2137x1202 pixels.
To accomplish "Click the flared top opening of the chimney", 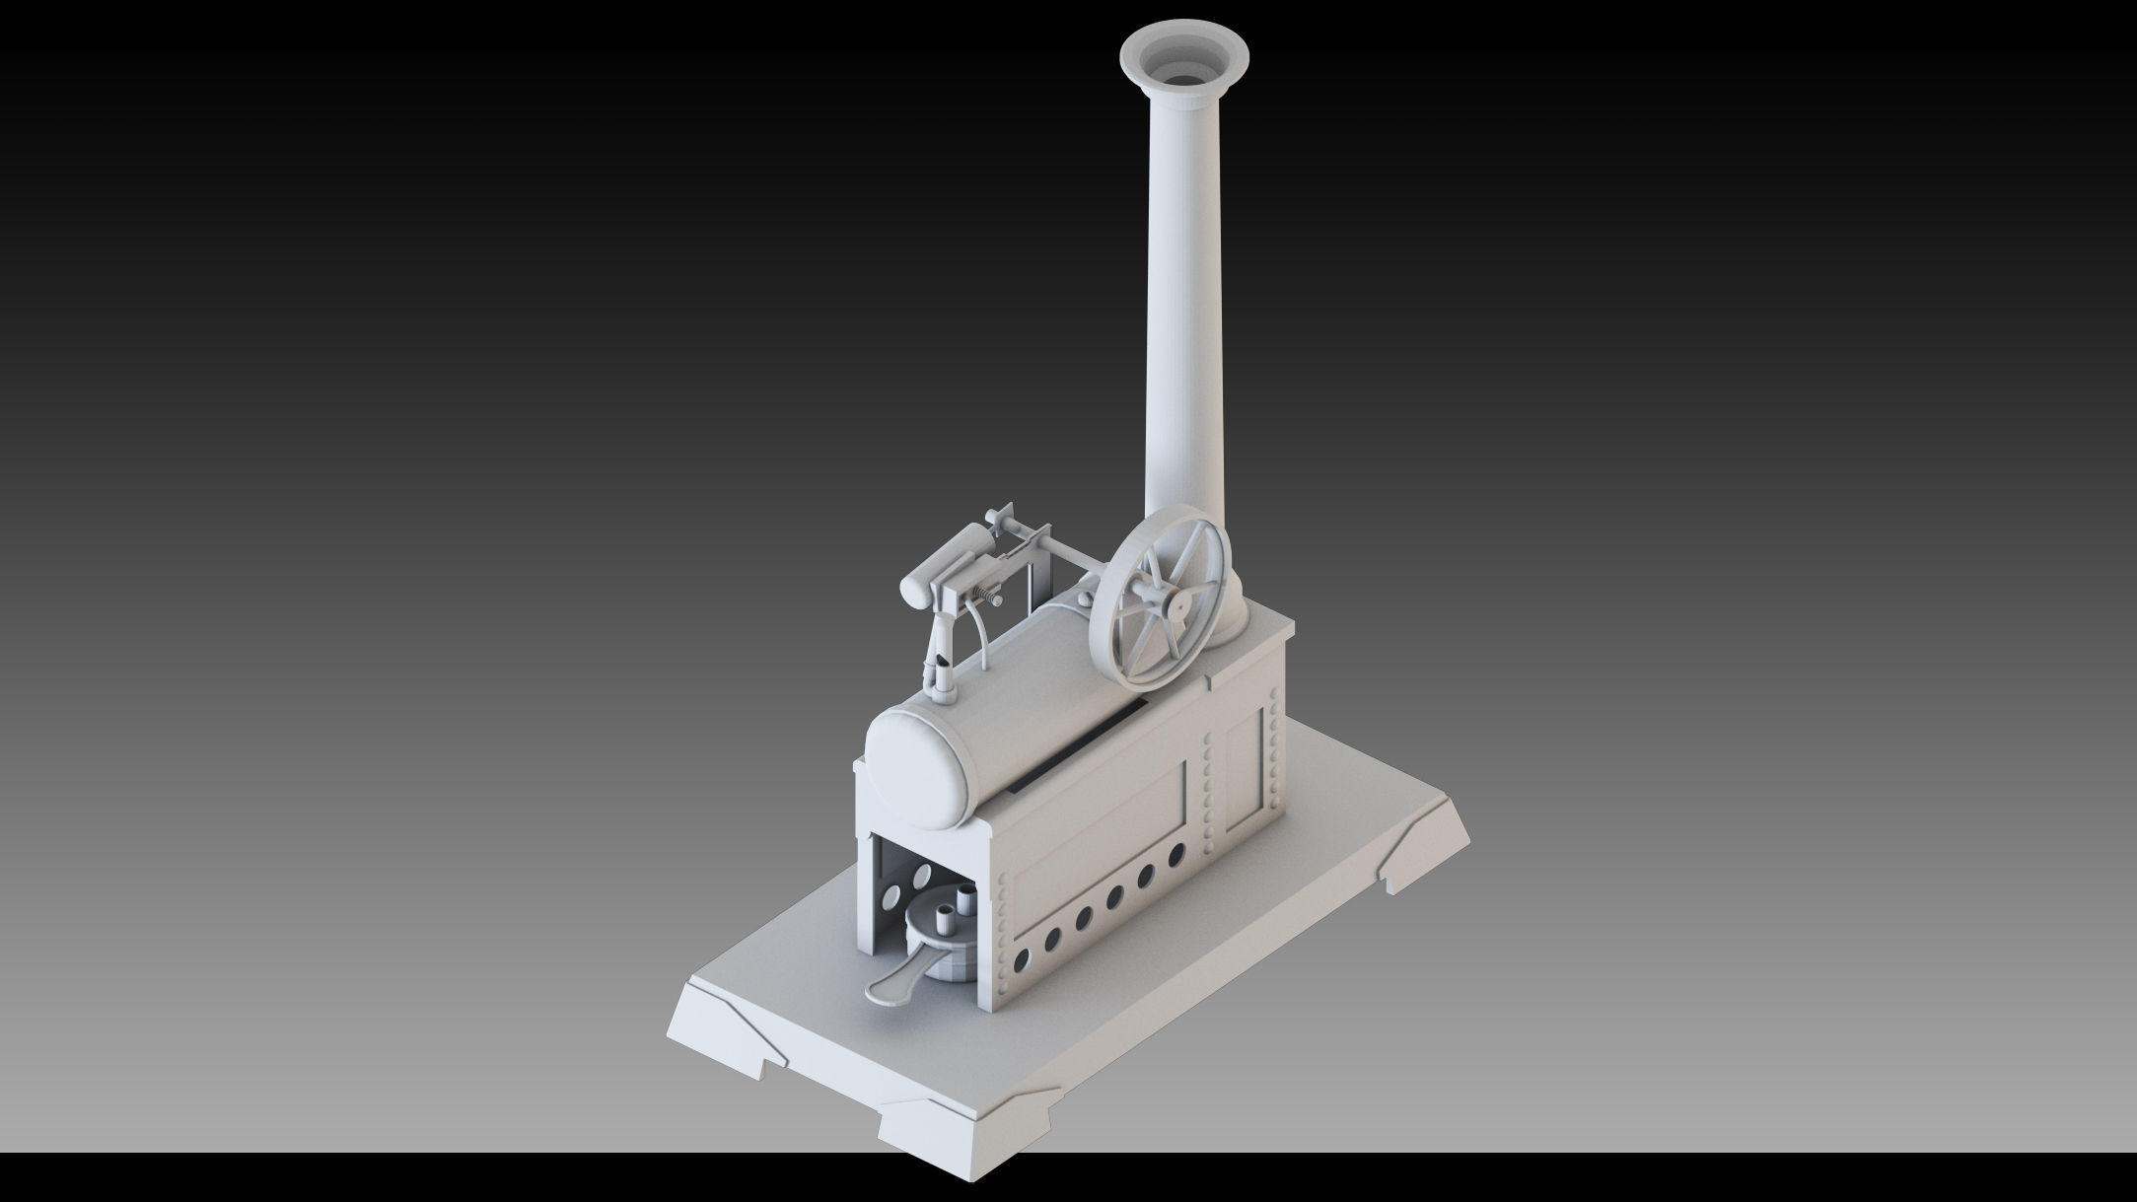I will click(1184, 61).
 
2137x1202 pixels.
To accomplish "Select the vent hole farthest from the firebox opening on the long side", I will click(1176, 855).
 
